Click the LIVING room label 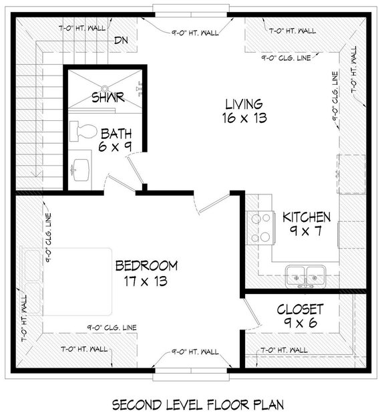(243, 104)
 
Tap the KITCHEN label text (307, 217)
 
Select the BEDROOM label (146, 265)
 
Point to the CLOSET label (301, 309)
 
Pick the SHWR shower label (108, 98)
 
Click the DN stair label (121, 40)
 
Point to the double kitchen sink (305, 273)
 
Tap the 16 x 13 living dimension (242, 118)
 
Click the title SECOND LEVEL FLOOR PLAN (198, 404)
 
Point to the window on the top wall (192, 9)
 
